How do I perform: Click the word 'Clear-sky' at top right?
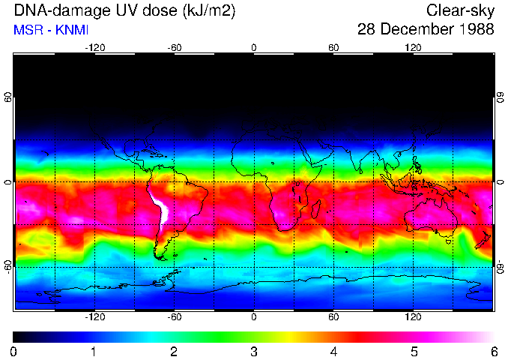tap(460, 11)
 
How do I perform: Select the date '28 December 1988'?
tap(426, 30)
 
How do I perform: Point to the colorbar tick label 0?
tap(13, 351)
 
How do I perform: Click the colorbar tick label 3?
tap(254, 351)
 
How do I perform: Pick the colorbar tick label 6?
tap(494, 351)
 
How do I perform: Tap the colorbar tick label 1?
tap(94, 351)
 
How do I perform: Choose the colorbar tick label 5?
tap(414, 351)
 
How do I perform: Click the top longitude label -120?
tap(94, 48)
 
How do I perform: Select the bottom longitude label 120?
tap(414, 317)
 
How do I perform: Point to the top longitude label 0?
tap(254, 48)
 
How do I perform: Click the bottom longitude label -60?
tap(174, 317)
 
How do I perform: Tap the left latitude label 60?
tap(8, 98)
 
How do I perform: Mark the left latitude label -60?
tap(8, 266)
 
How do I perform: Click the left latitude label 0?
tap(8, 182)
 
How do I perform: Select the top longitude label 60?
tap(334, 48)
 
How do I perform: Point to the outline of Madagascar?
tap(316, 209)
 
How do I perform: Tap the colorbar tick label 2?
tap(174, 351)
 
